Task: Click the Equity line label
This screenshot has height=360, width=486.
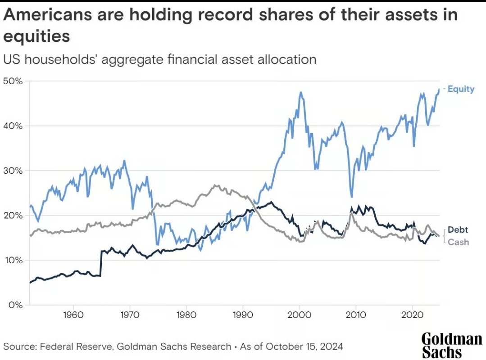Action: [x=461, y=89]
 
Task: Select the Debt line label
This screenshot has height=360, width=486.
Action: [x=458, y=230]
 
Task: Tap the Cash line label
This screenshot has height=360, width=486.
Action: [x=459, y=242]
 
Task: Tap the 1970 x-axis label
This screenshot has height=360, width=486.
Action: [x=130, y=313]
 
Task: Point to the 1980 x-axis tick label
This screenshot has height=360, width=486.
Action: [x=186, y=313]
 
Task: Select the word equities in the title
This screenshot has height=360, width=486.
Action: [x=37, y=36]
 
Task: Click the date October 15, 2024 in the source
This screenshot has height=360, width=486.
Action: [x=305, y=346]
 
